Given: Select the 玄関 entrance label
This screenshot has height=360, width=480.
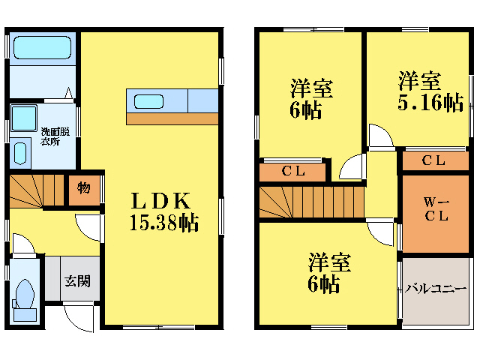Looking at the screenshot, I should coord(76,281).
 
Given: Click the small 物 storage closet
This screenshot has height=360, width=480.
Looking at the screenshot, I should coord(84,188).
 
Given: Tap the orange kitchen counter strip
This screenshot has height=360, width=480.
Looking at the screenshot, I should coord(172,118).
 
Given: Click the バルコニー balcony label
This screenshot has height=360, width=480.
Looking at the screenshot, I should coord(436,289).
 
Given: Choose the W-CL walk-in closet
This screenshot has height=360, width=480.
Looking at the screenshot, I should coord(436,213).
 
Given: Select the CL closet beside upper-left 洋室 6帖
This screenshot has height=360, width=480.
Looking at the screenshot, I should coord(292,171).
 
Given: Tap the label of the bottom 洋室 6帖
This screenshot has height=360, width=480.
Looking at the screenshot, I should coord(328,273).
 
